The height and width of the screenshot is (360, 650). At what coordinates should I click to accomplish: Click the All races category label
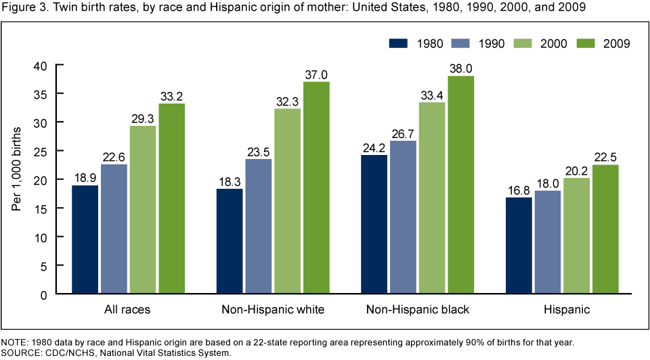pyautogui.click(x=127, y=311)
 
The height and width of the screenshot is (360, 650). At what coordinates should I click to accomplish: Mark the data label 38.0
pyautogui.click(x=462, y=68)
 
